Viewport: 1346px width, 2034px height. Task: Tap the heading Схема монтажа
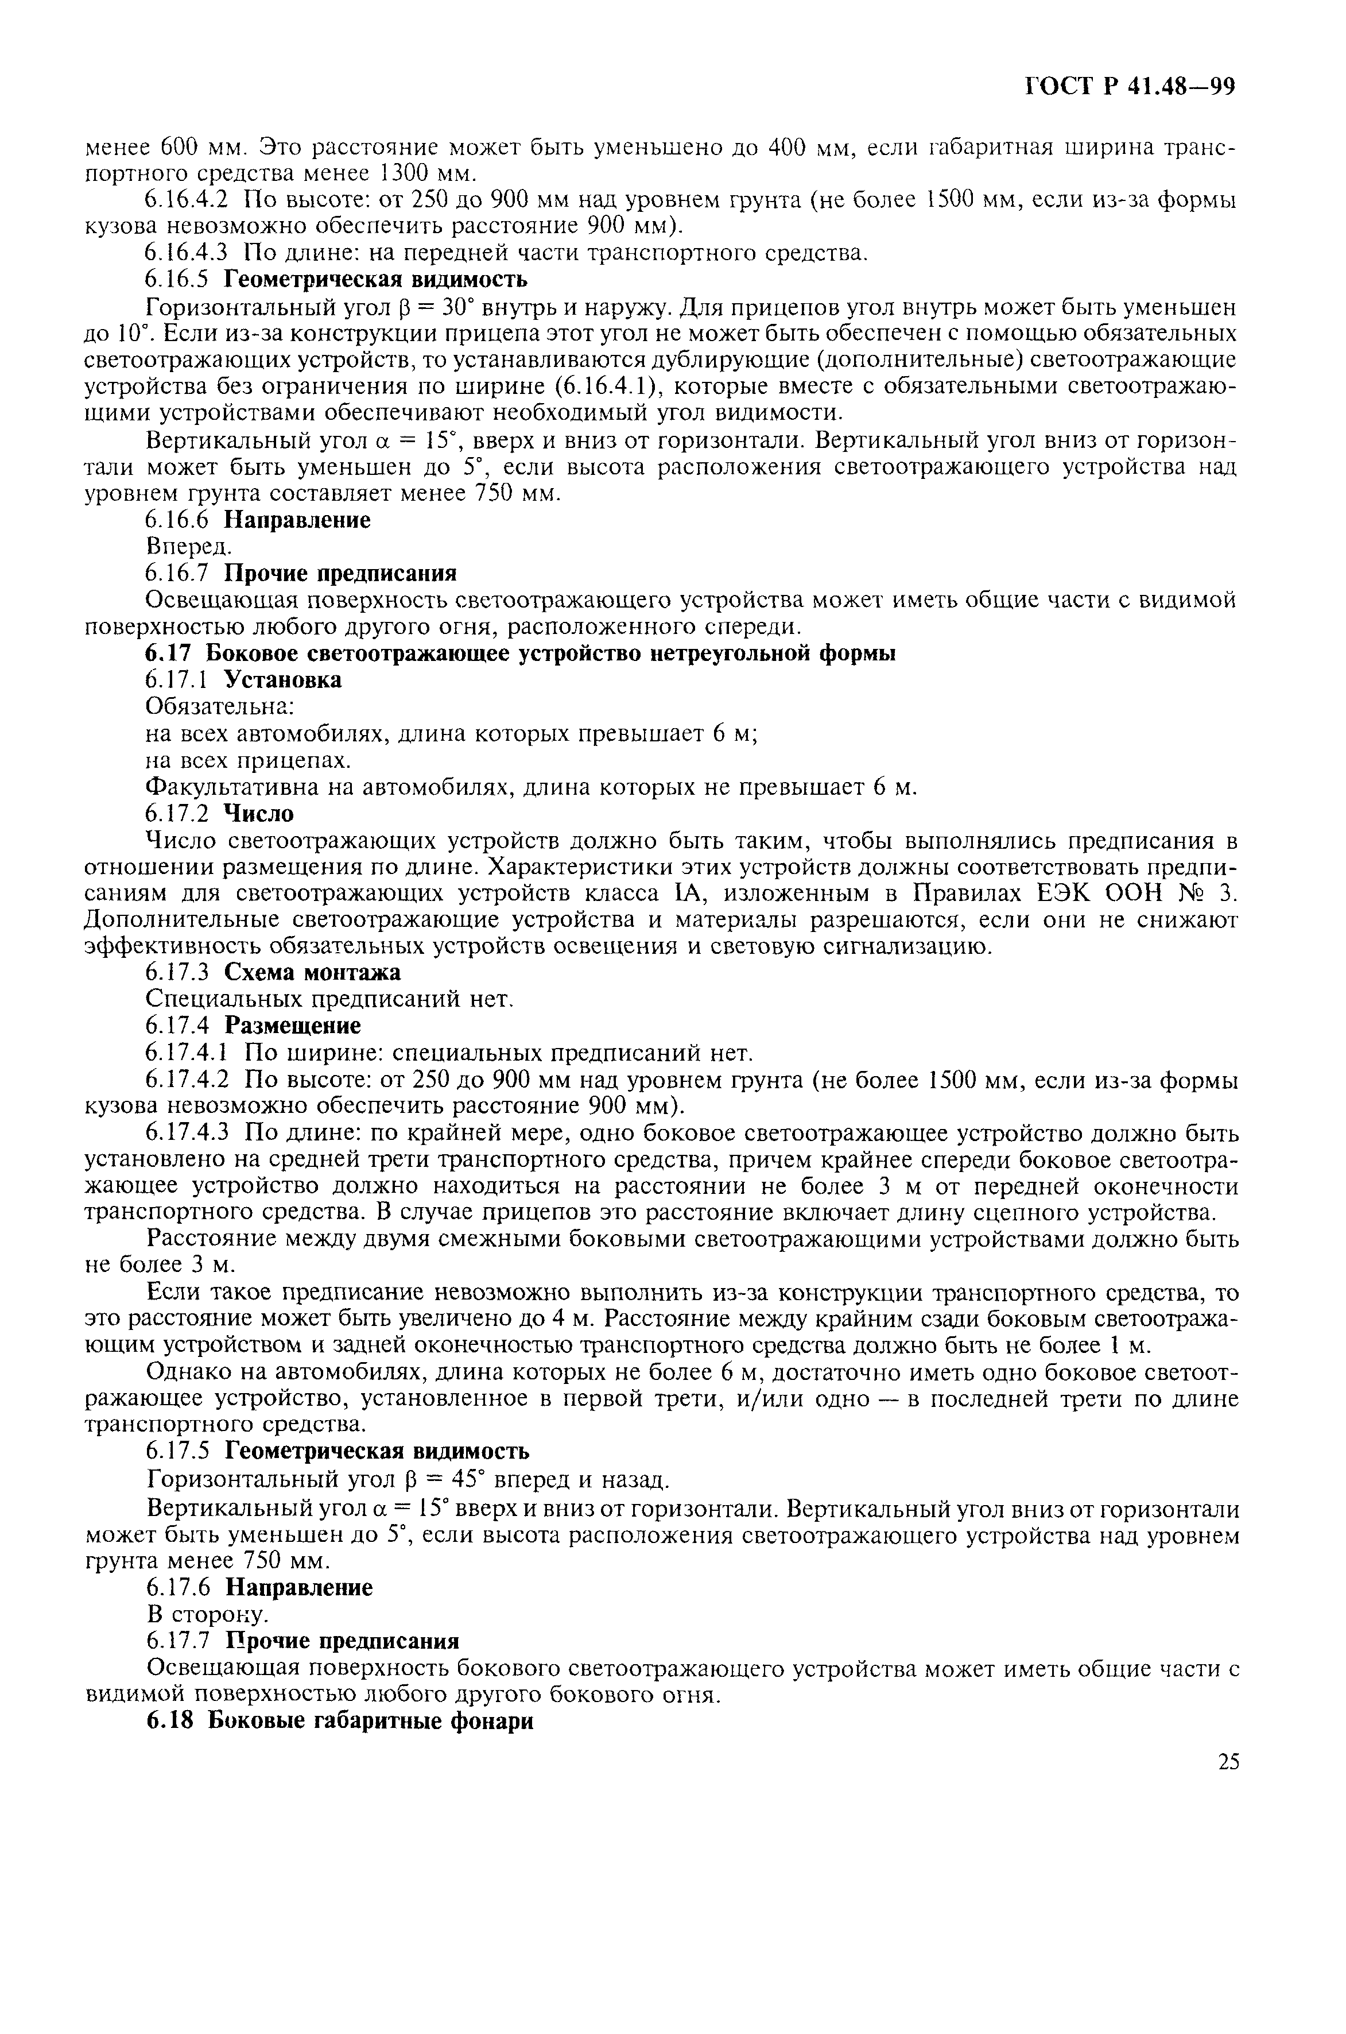pos(312,973)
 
